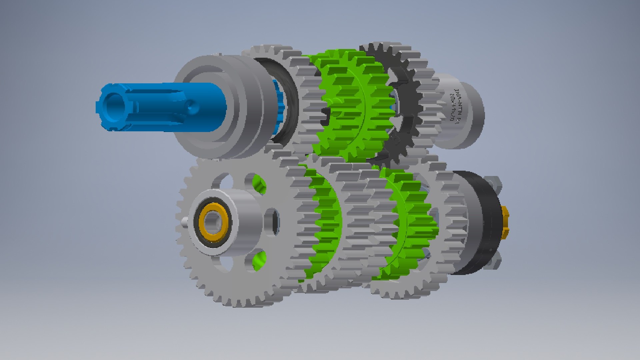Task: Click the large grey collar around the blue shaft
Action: click(213, 107)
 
